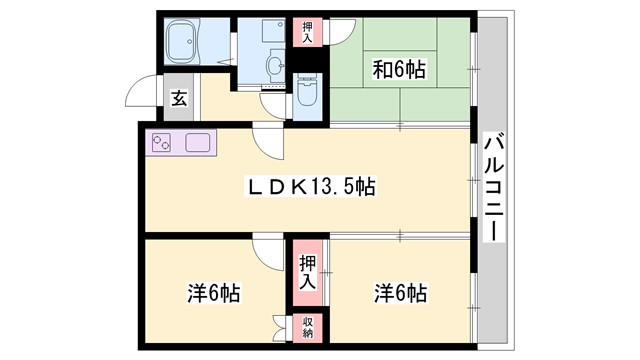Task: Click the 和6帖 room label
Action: coord(400,69)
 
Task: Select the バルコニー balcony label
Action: coord(492,186)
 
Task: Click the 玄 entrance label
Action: coord(178,98)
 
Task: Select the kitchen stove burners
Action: coord(161,143)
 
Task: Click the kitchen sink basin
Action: coord(197,142)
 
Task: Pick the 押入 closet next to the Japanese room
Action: coord(307,30)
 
